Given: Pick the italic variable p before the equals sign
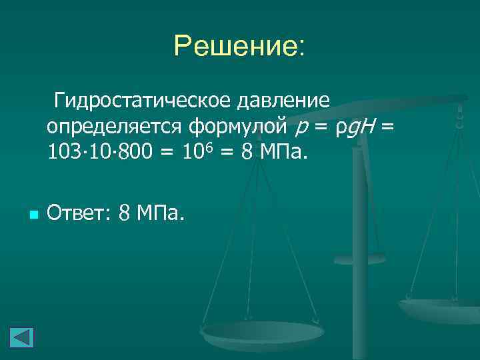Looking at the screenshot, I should (x=301, y=128).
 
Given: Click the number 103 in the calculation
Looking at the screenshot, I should (x=62, y=153).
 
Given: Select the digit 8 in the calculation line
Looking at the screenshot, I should (x=247, y=153).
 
